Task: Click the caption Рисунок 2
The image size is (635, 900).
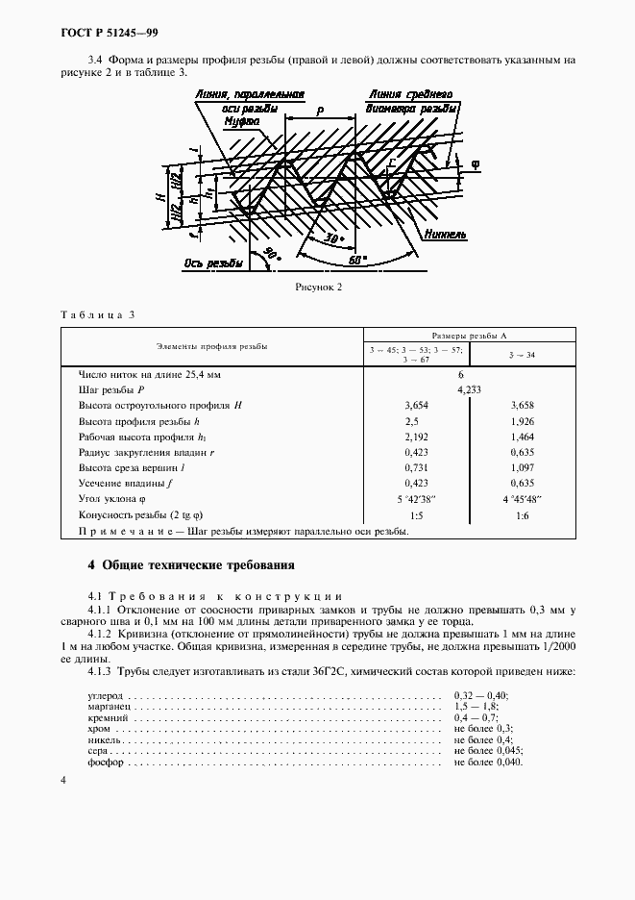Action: tap(317, 287)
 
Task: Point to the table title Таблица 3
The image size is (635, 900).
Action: tap(100, 315)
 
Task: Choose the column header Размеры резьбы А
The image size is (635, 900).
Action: tap(469, 336)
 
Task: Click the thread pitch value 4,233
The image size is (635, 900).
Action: tap(469, 391)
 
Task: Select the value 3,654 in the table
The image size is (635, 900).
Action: tap(416, 407)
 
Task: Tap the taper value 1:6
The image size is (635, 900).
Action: tap(523, 515)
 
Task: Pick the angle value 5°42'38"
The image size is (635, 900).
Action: tap(416, 500)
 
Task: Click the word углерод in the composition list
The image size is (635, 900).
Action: tap(106, 694)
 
